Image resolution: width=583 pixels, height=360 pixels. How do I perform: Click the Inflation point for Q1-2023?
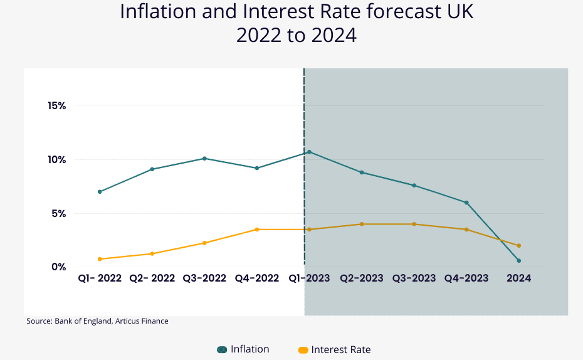(309, 152)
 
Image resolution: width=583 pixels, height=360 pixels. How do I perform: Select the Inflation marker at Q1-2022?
(100, 191)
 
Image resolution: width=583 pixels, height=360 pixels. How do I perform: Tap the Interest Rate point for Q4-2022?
(256, 230)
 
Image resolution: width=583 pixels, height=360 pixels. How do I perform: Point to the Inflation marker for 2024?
(518, 260)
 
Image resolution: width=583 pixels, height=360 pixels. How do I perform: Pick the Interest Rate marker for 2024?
(518, 245)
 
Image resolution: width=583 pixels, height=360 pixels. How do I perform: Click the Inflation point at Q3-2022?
(204, 158)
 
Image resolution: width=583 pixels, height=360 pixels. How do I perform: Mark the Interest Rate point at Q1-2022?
(100, 259)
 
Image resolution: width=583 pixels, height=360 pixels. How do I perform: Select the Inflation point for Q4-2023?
(466, 203)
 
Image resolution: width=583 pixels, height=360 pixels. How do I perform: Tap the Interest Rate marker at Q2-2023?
(362, 224)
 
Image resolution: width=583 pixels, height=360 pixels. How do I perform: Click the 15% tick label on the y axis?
(56, 105)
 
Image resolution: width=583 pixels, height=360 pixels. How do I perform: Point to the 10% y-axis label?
(56, 159)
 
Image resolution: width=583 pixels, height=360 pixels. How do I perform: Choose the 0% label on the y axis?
(59, 267)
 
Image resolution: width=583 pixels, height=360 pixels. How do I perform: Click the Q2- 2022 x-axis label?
(152, 278)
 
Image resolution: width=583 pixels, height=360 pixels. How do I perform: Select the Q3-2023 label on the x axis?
(414, 278)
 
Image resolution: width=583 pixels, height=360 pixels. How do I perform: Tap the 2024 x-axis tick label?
(518, 278)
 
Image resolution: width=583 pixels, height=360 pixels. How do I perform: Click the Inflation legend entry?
(249, 349)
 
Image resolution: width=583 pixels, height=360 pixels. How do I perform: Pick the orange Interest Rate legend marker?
(303, 350)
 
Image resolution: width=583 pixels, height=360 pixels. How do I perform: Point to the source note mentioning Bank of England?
(97, 321)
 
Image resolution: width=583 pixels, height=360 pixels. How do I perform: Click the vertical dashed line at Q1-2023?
(304, 188)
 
